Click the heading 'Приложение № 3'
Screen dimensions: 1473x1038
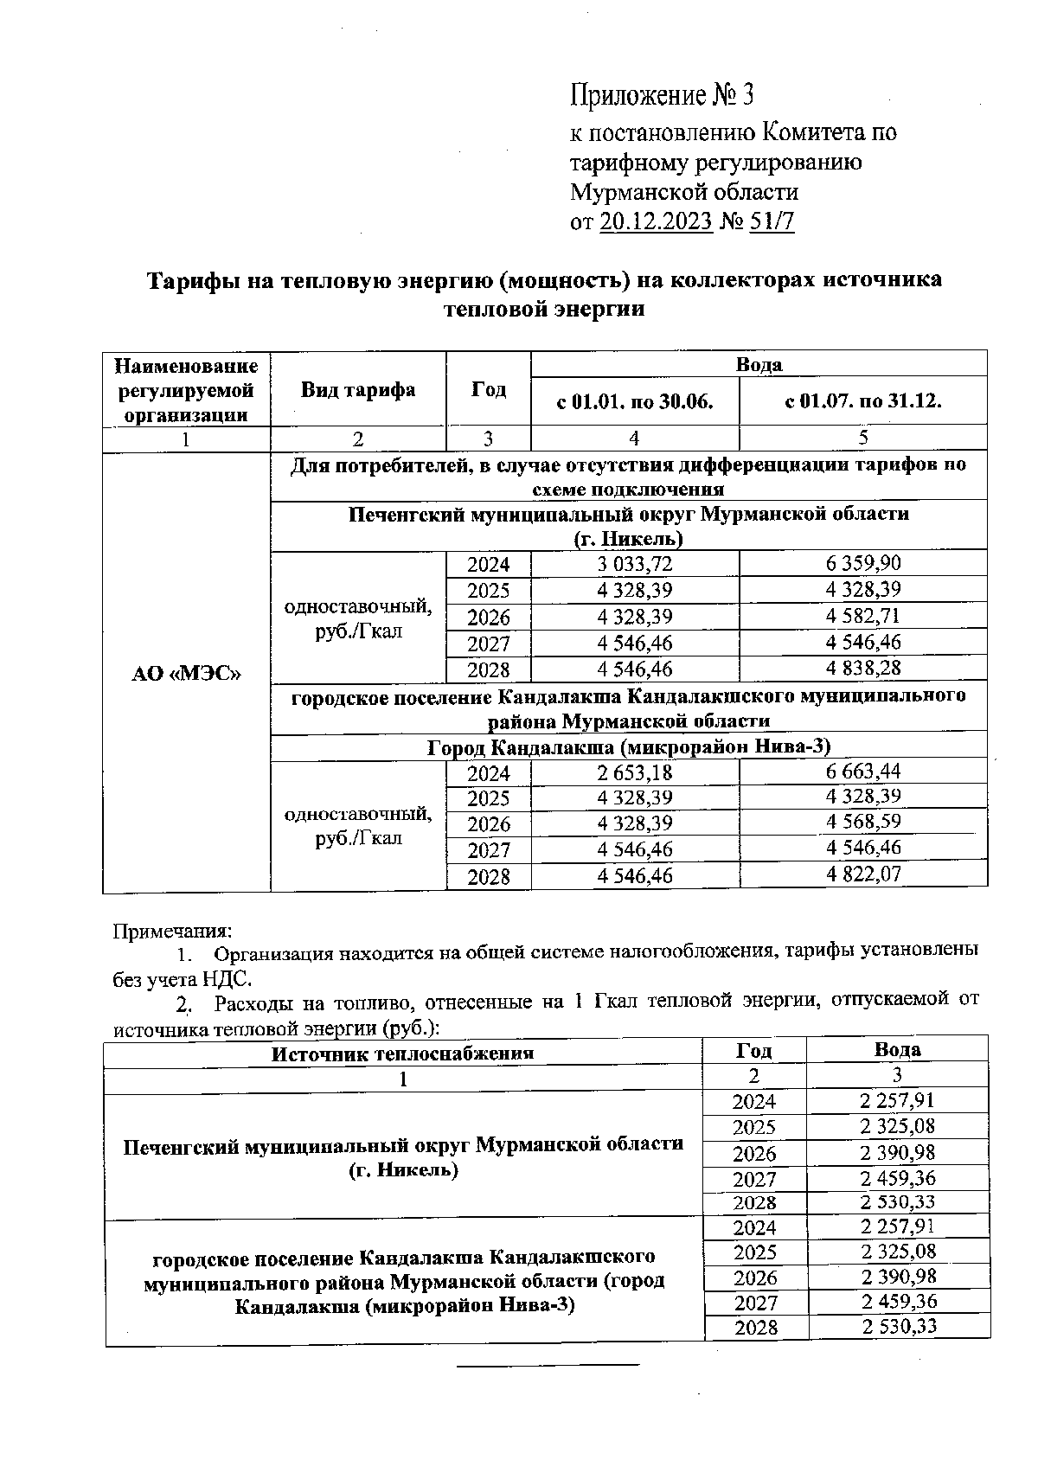tap(663, 95)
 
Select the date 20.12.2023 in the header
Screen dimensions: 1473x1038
tap(656, 222)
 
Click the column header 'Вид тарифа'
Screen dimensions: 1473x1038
tap(358, 389)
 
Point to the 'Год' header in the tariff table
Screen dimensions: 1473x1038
tap(488, 389)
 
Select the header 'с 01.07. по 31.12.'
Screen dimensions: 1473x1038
tap(862, 401)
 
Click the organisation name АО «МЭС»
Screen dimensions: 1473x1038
tap(186, 673)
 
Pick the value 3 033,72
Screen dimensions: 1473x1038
tap(634, 565)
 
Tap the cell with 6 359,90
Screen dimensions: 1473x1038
tap(862, 564)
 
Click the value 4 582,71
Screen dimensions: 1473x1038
tap(862, 617)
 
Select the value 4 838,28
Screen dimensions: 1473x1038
tap(862, 669)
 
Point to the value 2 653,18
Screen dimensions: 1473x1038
tap(634, 772)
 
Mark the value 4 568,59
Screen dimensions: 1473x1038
tap(862, 822)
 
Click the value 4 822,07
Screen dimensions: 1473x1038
tap(862, 874)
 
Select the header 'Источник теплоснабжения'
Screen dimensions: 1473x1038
tap(402, 1054)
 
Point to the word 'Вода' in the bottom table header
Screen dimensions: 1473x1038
tap(897, 1050)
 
